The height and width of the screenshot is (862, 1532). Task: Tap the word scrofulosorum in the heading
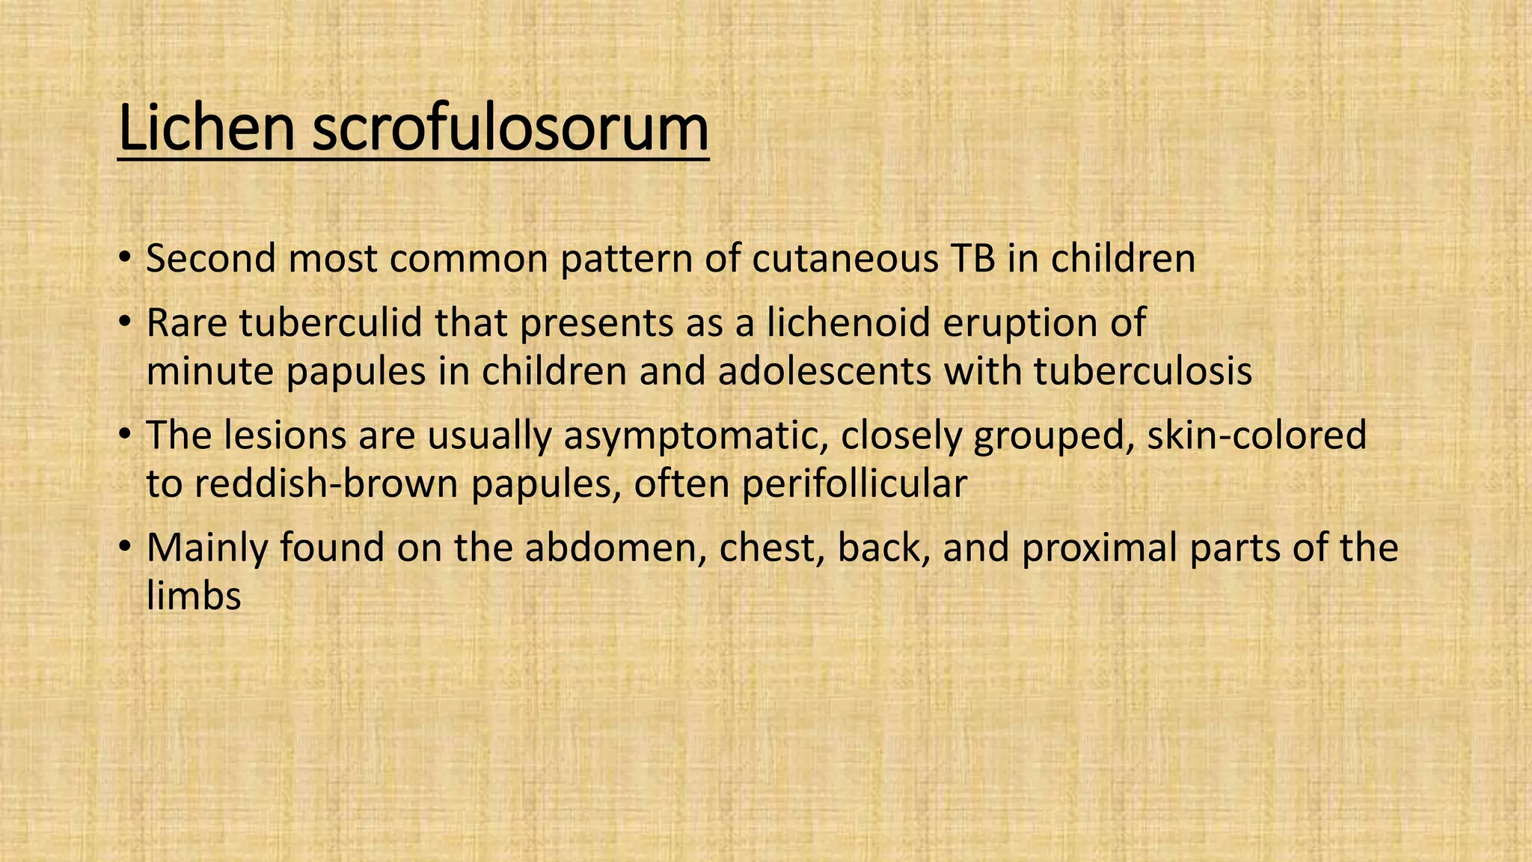(509, 129)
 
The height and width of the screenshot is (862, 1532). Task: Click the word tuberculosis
(1143, 371)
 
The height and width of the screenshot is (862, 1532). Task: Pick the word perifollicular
(854, 484)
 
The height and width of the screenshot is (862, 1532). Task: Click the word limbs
(194, 596)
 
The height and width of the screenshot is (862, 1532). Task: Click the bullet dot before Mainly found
(124, 549)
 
